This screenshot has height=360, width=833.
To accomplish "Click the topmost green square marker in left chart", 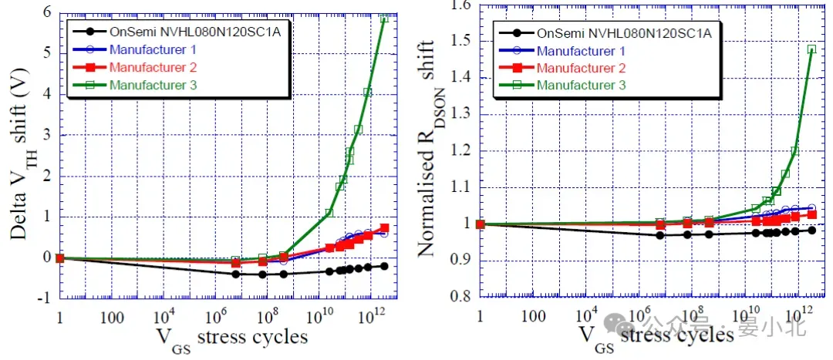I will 383,18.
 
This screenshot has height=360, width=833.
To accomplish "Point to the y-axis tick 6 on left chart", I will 46,12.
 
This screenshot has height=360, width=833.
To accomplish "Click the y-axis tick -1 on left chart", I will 44,298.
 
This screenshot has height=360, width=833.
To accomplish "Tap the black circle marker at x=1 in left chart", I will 60,257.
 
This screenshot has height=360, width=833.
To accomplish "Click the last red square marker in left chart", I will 384,229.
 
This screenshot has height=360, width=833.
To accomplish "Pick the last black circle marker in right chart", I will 811,230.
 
